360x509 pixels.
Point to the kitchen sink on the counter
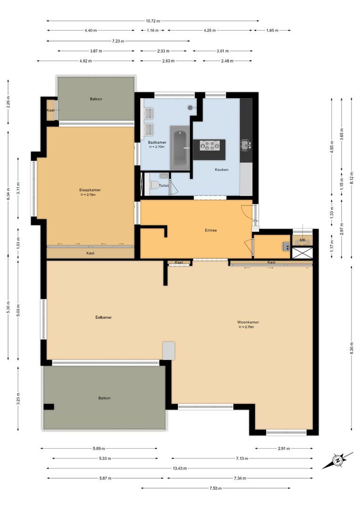tap(245, 144)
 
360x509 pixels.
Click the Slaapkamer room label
tap(90, 190)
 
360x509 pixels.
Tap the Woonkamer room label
tap(248, 322)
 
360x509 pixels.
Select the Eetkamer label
tap(103, 318)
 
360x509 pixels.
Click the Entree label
tap(210, 230)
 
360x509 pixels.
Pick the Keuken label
tap(221, 170)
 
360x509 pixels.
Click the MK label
tap(302, 240)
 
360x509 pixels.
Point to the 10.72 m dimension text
tap(153, 21)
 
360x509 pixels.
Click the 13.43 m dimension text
tap(179, 468)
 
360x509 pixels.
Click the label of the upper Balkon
tap(96, 99)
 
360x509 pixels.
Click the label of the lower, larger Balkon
tap(104, 398)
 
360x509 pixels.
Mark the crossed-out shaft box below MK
tap(302, 252)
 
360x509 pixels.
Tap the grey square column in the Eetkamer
tap(169, 350)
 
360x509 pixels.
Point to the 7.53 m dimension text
tap(215, 488)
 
